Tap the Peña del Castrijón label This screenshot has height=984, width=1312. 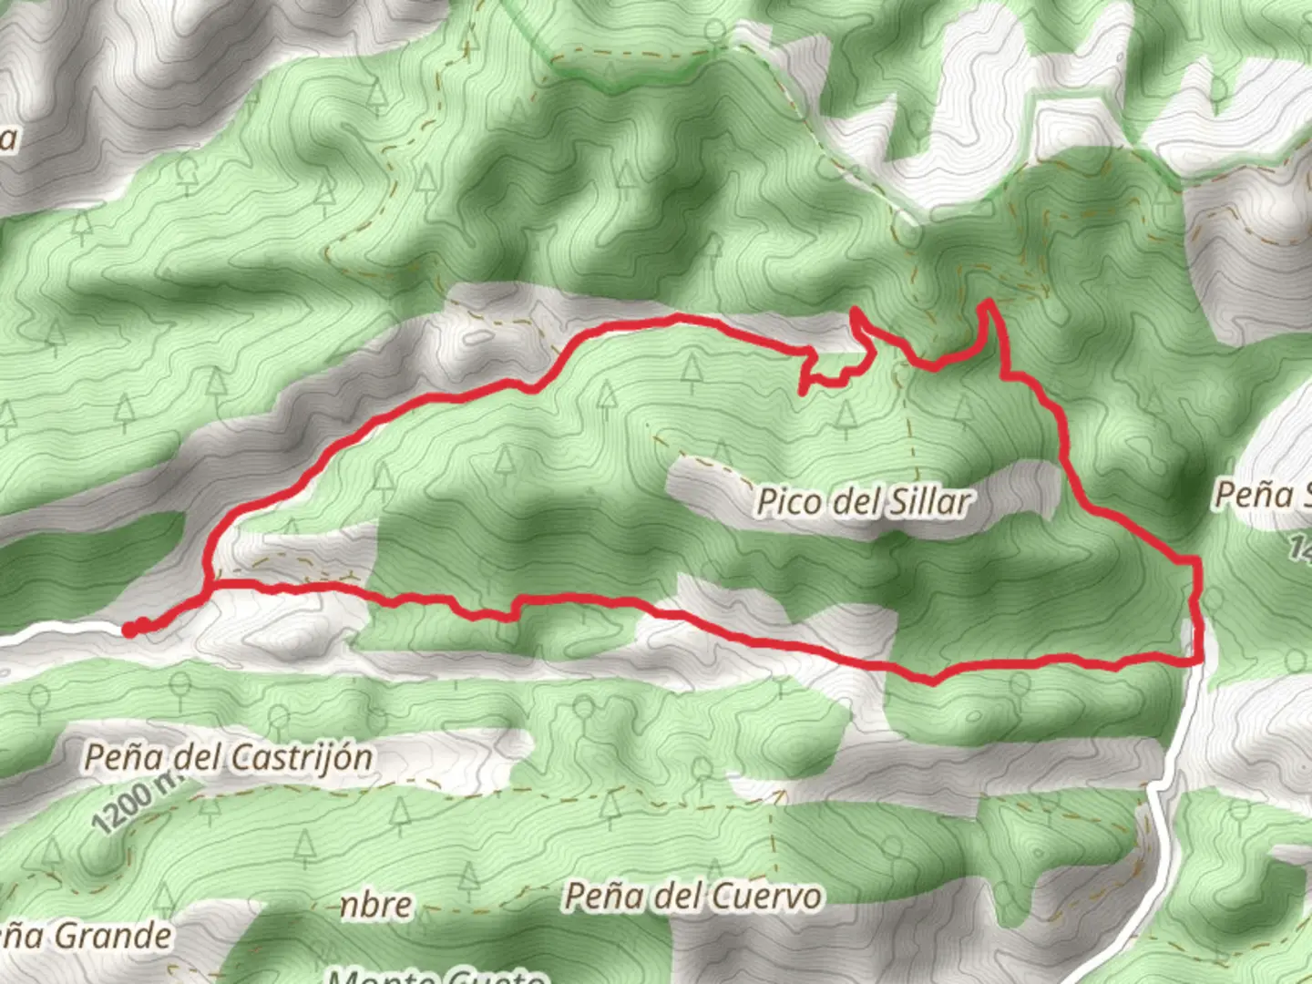click(x=228, y=757)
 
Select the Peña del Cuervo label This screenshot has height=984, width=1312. click(x=692, y=897)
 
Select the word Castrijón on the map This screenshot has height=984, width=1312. click(x=302, y=757)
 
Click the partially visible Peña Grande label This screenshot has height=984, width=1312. click(x=87, y=936)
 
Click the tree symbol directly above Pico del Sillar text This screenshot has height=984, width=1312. click(x=722, y=453)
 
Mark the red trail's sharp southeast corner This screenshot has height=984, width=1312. click(x=1201, y=661)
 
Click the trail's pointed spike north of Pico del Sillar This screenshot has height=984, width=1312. click(x=855, y=313)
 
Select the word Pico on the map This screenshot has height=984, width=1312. click(x=786, y=502)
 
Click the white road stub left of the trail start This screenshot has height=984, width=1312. click(x=55, y=630)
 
